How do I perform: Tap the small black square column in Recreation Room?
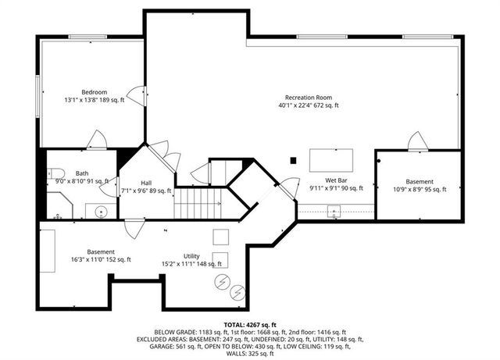point(293,161)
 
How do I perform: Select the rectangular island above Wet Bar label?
point(330,160)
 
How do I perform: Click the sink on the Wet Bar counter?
point(334,209)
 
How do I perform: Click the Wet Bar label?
point(336,180)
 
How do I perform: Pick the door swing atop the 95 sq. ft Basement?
point(418,141)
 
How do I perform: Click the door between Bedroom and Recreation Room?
point(137,96)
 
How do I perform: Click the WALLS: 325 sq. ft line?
point(250,355)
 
